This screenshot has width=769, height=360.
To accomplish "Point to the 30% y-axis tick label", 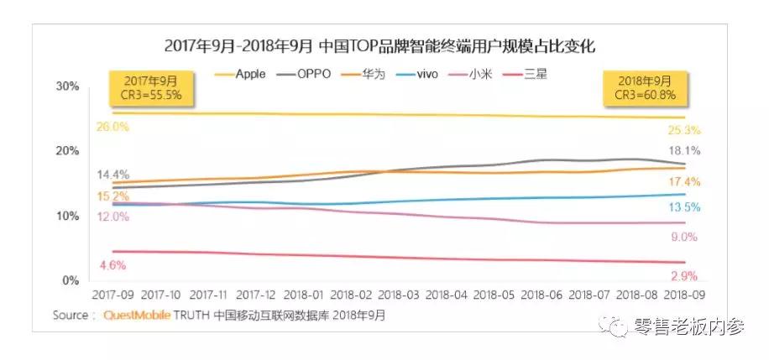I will [68, 86].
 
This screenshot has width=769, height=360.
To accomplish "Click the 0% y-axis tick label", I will [71, 280].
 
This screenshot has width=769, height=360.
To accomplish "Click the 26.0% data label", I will [113, 127].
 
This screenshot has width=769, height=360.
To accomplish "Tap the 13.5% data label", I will [686, 207].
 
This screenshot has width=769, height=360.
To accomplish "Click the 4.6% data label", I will [113, 266].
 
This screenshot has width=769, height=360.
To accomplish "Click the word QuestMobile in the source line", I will [138, 316].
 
